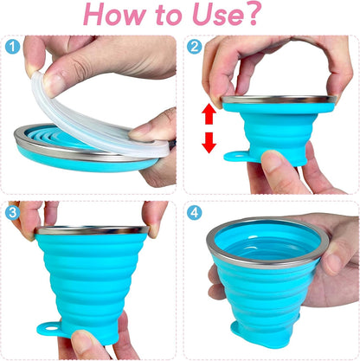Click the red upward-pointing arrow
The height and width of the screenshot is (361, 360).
pos(209,114)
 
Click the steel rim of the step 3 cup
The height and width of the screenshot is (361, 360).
pos(91,230)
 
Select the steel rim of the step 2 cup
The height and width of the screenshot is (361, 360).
pos(279,100)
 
